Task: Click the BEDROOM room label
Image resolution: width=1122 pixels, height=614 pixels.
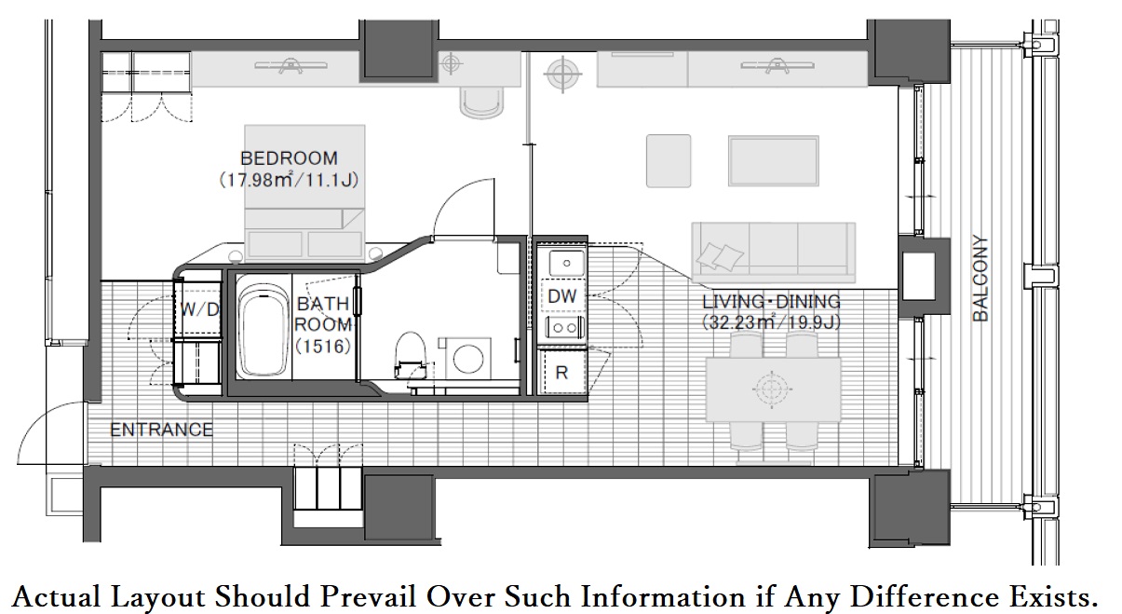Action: point(289,158)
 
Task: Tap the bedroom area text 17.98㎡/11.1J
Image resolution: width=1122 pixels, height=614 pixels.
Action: point(289,180)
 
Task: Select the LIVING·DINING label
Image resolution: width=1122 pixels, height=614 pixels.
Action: point(771,302)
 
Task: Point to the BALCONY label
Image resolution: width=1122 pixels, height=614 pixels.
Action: point(980,279)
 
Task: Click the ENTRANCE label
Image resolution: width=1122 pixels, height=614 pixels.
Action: point(161,430)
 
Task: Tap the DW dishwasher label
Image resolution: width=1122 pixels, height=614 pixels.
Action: point(562,296)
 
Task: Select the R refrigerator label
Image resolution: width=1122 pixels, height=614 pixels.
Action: point(561,373)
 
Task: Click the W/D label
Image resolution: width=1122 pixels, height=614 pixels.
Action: point(199,309)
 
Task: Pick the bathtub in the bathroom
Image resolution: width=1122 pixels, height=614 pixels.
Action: point(263,332)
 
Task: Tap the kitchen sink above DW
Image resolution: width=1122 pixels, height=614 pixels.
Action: point(566,263)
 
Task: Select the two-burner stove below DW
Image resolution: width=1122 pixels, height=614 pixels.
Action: point(565,328)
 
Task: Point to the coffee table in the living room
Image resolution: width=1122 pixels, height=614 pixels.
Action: point(774,161)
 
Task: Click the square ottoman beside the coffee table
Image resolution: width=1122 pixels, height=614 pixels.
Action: point(669,161)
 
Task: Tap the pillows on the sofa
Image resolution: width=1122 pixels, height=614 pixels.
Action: point(719,256)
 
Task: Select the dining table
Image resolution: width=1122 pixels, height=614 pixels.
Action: point(773,389)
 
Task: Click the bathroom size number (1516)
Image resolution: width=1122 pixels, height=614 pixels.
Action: point(323,346)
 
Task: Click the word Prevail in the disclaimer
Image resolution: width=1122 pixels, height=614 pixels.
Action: point(368,596)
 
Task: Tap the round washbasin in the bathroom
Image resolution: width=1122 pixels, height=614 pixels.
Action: point(467,359)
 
